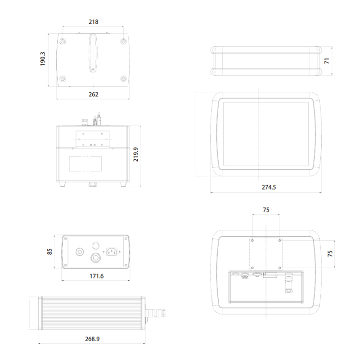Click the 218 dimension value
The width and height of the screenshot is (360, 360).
[x=94, y=22]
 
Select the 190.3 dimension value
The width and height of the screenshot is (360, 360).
[x=43, y=59]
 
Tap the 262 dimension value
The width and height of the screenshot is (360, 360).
[x=94, y=94]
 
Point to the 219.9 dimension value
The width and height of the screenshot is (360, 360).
[x=136, y=154]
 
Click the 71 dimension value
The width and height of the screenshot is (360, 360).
[x=327, y=61]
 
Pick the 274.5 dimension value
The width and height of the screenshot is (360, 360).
[x=269, y=187]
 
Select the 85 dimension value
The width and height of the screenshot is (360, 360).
[x=49, y=252]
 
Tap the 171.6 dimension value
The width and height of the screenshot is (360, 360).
[x=96, y=276]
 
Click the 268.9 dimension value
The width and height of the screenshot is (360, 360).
[x=92, y=339]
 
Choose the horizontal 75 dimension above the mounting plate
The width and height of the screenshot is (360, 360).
[x=266, y=210]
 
